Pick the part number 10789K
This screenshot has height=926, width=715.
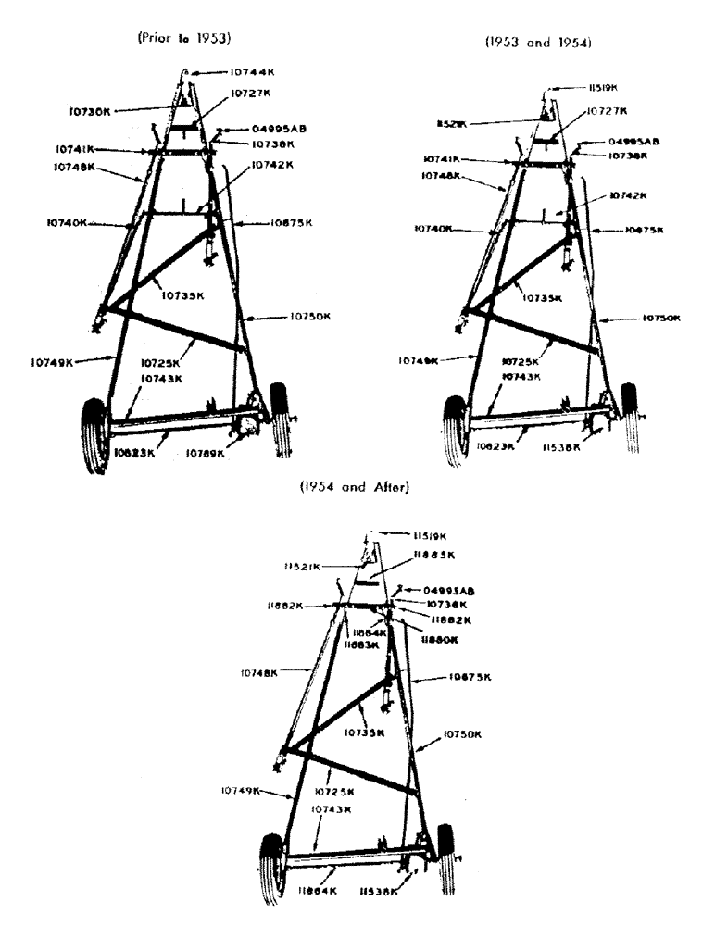point(206,453)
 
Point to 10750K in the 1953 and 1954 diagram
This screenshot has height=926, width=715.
point(660,318)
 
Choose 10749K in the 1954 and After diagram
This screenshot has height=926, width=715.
point(241,791)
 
